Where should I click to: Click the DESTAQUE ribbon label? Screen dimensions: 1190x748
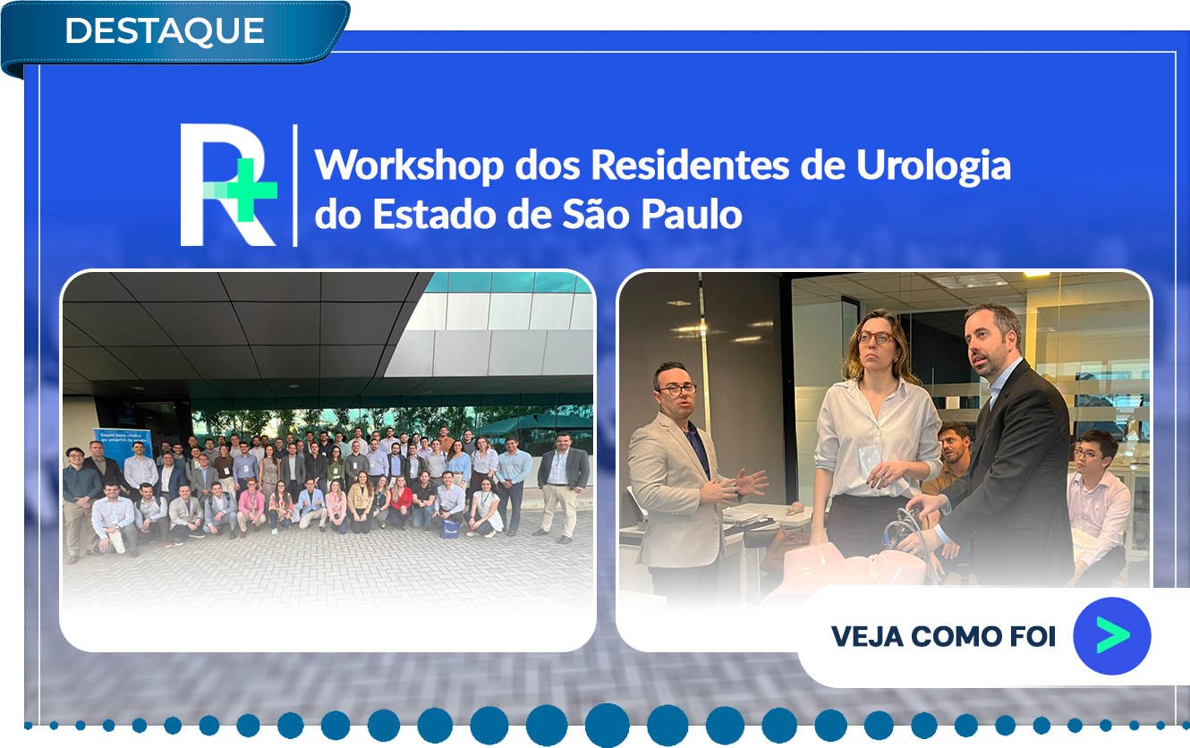tap(165, 30)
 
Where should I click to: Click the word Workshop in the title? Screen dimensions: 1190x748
tap(409, 166)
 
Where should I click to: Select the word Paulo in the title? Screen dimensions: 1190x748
tap(691, 214)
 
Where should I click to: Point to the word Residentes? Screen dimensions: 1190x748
tap(690, 166)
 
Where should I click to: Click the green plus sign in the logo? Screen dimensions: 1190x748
tap(251, 190)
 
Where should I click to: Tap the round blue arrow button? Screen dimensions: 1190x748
tap(1112, 635)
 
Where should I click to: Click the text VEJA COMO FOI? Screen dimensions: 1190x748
tap(943, 636)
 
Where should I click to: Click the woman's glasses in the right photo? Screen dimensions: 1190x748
tap(874, 338)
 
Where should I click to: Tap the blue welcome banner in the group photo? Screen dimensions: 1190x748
tap(123, 444)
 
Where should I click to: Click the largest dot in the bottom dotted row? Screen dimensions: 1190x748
tap(607, 725)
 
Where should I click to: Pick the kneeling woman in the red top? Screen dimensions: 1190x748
tap(401, 501)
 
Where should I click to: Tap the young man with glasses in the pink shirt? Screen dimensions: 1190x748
tap(1097, 505)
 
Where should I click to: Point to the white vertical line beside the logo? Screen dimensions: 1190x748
tap(295, 185)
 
